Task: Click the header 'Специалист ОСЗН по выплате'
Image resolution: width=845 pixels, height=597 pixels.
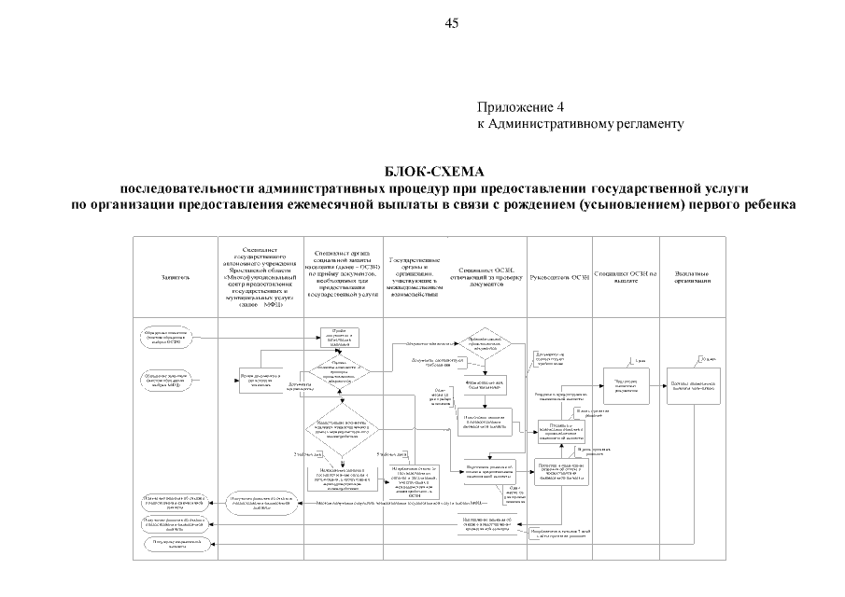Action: tap(625, 277)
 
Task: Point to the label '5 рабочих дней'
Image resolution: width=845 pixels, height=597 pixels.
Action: tap(390, 454)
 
